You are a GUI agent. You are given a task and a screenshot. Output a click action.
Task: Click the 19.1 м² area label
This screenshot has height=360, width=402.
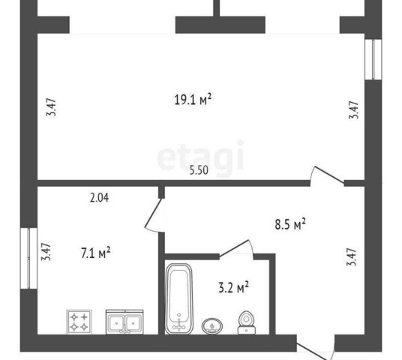pyautogui.click(x=193, y=100)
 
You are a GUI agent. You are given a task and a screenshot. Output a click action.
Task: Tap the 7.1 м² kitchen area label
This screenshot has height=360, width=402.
pyautogui.click(x=96, y=253)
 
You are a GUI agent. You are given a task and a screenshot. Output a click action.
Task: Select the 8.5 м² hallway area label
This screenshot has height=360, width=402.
pyautogui.click(x=290, y=224)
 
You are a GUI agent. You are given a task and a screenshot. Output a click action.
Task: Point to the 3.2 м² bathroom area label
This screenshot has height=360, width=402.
pyautogui.click(x=233, y=287)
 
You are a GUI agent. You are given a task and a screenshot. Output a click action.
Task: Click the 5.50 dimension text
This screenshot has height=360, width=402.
pyautogui.click(x=199, y=170)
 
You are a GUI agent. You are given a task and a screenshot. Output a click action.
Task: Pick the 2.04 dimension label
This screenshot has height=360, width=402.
pyautogui.click(x=99, y=198)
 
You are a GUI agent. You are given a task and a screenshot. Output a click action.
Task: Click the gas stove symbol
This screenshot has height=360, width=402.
pyautogui.click(x=79, y=322)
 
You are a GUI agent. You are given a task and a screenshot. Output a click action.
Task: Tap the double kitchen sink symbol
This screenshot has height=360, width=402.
pyautogui.click(x=124, y=322)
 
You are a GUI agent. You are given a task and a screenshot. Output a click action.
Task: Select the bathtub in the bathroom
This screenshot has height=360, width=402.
pyautogui.click(x=178, y=299)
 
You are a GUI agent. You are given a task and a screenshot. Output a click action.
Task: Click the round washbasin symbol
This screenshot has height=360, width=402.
pyautogui.click(x=212, y=326)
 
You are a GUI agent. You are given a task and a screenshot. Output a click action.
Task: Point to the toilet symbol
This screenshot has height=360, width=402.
pyautogui.click(x=247, y=322)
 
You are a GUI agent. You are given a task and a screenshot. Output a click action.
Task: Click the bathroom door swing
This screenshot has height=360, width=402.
pyautogui.click(x=235, y=247)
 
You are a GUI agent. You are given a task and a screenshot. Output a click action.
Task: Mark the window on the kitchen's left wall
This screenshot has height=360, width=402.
pyautogui.click(x=28, y=258)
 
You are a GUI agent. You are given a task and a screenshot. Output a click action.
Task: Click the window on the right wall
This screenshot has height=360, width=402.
pyautogui.click(x=373, y=59)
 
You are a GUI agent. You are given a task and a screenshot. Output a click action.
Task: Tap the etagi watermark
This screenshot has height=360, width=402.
pyautogui.click(x=200, y=157)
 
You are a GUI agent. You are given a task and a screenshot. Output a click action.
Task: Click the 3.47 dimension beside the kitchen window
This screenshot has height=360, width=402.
pyautogui.click(x=46, y=252)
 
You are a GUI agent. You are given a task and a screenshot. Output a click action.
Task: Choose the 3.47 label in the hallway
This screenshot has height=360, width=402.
pyautogui.click(x=352, y=257)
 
